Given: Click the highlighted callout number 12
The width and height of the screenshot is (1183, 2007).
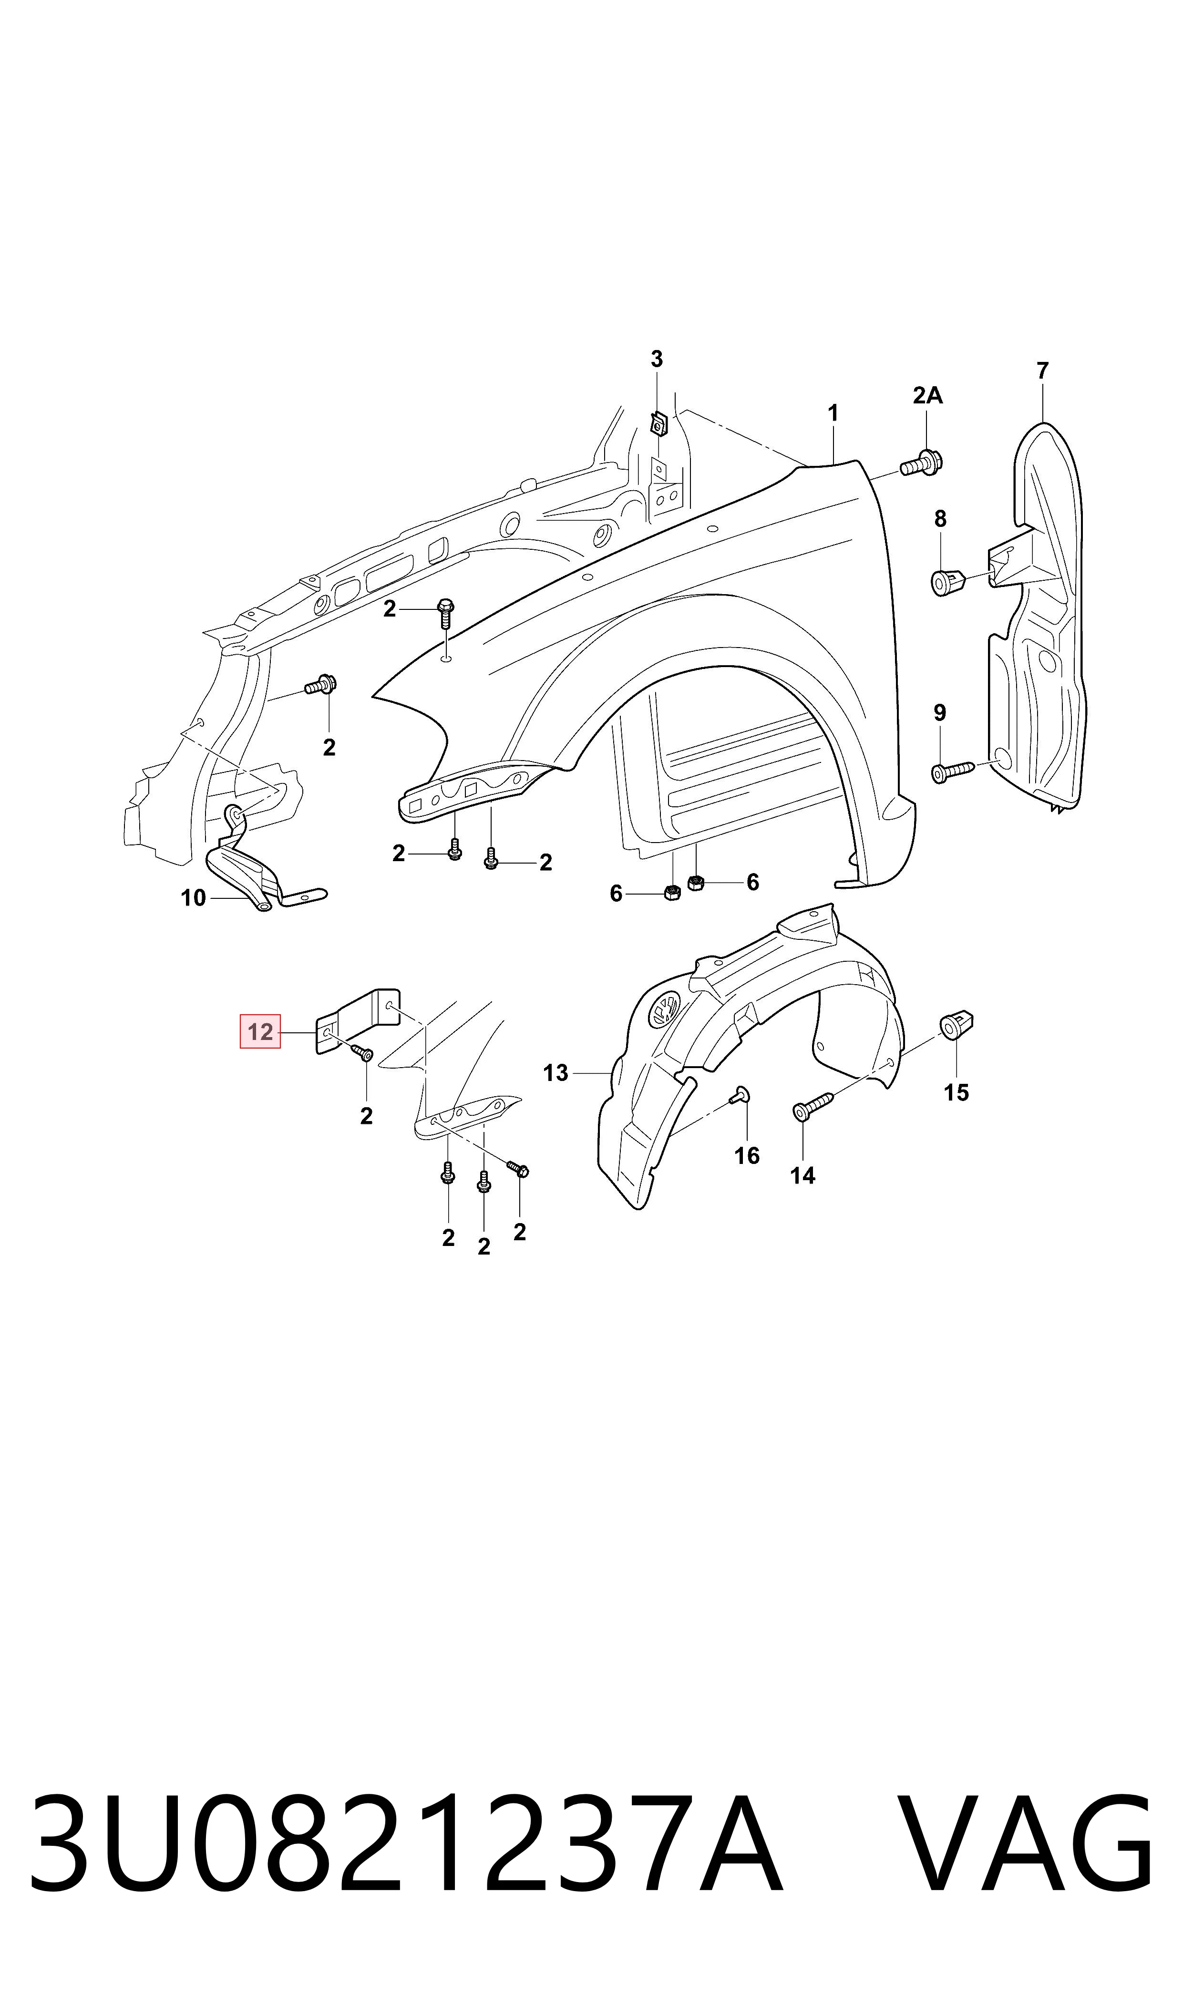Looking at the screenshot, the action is [260, 1032].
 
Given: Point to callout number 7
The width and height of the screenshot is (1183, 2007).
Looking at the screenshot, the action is [1043, 371].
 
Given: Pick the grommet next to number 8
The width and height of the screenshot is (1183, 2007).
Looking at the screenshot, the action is [948, 581].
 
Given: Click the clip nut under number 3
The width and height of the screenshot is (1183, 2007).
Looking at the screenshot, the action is [658, 423].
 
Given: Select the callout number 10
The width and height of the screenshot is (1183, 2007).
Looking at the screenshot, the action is [194, 898].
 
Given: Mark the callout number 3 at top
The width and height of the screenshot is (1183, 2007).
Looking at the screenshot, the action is [657, 360].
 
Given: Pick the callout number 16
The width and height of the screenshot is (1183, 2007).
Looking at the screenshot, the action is [747, 1156].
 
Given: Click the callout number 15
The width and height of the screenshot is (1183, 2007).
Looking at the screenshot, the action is [957, 1092].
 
